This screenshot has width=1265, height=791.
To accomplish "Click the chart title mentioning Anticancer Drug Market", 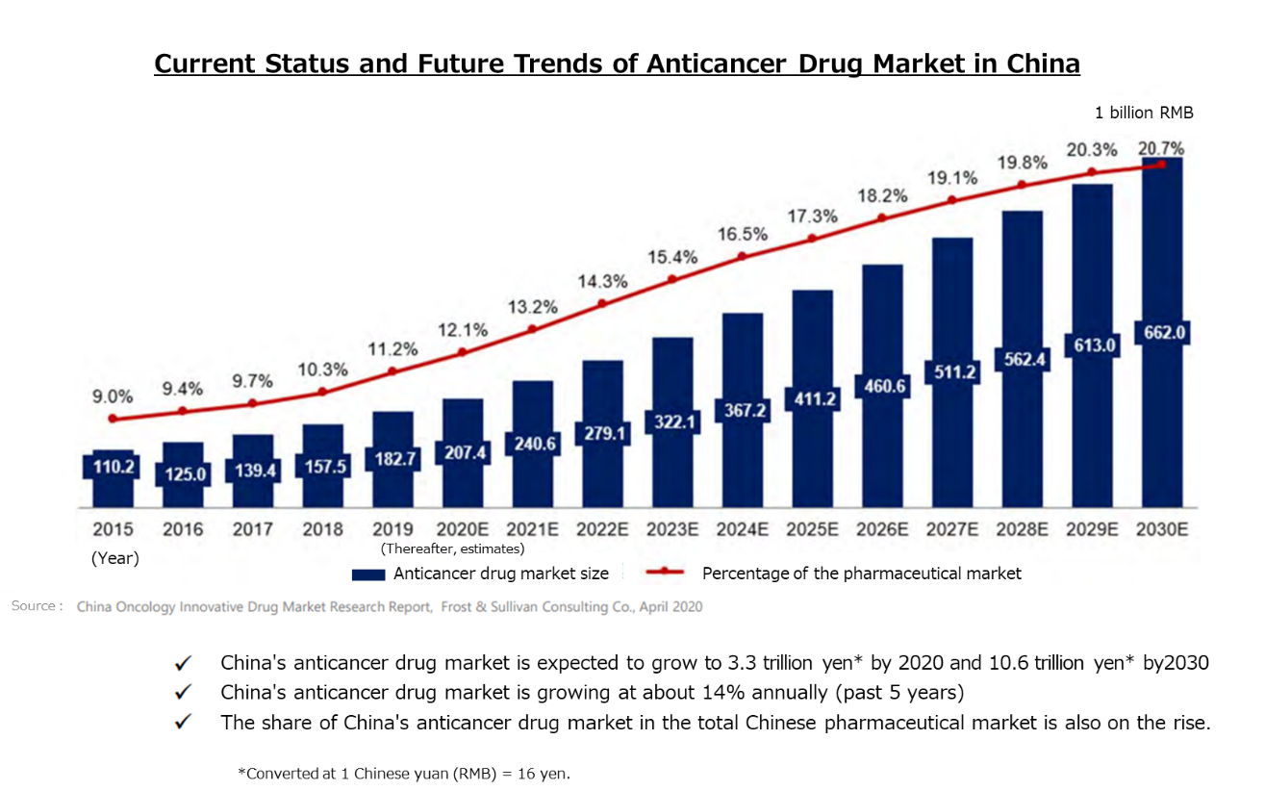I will pos(617,64).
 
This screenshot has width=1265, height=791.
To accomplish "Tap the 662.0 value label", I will pos(1163,333).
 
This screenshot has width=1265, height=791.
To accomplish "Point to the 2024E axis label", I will pos(743,528).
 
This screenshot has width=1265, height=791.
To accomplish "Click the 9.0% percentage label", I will pos(114,395).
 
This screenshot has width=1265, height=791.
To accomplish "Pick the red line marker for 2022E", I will pos(602,303).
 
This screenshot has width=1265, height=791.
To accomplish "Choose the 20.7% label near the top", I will pos(1161,148).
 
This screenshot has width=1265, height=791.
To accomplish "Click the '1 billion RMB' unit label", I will pos(1144,113).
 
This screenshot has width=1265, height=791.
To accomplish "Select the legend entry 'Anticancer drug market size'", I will pos(500,574).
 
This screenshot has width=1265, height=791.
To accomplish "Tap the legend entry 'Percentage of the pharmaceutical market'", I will pos(861,574).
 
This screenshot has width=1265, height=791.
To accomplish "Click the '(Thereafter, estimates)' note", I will pos(452,549).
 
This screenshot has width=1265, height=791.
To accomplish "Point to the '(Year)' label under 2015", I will pos(114,558).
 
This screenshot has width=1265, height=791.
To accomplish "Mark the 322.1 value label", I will pos(672,421).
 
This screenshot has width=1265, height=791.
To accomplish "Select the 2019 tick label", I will pos(392,528).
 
